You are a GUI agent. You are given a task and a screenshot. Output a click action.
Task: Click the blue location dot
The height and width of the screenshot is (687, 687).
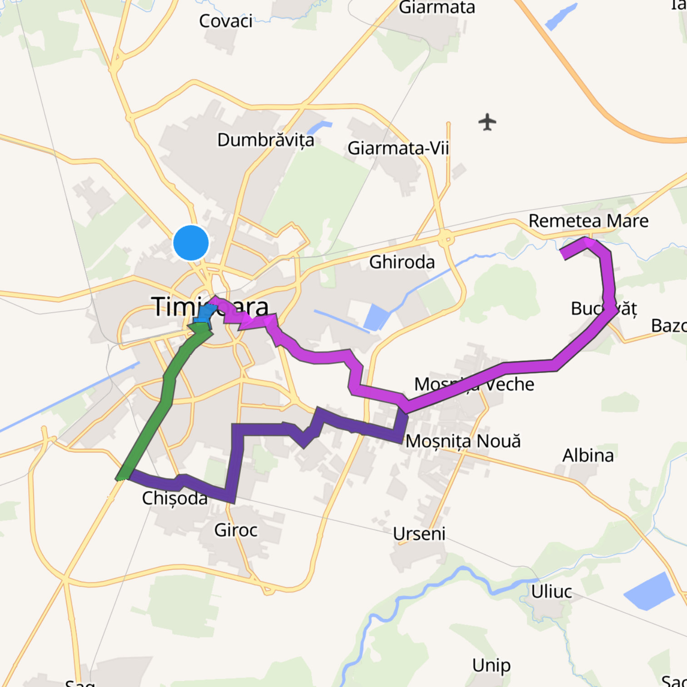tap(191, 243)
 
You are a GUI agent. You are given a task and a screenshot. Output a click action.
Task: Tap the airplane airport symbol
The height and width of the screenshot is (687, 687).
tap(487, 122)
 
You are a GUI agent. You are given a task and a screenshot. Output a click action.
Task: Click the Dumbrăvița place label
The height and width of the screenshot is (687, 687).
tap(265, 140)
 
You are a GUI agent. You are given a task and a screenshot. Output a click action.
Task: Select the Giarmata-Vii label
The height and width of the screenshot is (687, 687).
tap(398, 148)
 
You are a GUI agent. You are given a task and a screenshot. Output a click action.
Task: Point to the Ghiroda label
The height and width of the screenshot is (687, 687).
tap(402, 262)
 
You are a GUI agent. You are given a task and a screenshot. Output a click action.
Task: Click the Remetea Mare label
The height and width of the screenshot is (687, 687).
tap(588, 221)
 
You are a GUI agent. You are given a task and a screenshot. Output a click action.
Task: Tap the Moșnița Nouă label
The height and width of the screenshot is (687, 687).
tap(463, 441)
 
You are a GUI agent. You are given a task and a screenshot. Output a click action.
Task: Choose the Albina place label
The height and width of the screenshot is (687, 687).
tap(588, 455)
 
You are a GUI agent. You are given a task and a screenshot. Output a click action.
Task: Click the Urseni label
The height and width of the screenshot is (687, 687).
tap(419, 534)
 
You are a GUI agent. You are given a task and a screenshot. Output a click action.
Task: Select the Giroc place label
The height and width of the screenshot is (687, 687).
tap(236, 530)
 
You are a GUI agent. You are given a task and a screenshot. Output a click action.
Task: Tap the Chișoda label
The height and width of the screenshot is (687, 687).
tap(174, 498)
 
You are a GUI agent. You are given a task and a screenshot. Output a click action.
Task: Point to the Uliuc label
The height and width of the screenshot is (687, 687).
tap(552, 592)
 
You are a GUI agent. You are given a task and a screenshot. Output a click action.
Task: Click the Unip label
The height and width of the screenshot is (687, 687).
tap(491, 666)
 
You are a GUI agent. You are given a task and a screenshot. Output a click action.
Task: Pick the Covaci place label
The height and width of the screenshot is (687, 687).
tap(225, 21)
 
